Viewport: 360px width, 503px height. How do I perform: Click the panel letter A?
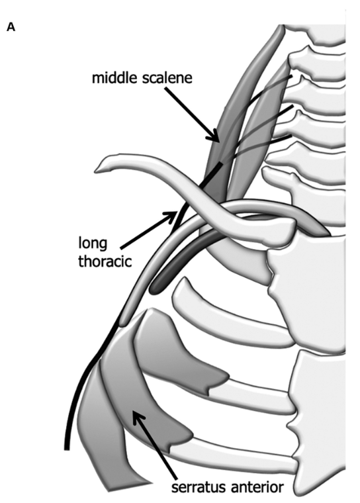tap(11, 28)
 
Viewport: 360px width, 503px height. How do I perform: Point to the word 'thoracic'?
tap(105, 261)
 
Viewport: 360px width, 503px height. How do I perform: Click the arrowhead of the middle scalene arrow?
tap(215, 136)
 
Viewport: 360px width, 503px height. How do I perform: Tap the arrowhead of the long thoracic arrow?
tap(171, 215)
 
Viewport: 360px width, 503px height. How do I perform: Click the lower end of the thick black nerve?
tap(67, 448)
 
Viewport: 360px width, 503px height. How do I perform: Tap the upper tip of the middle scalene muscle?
tap(283, 27)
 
